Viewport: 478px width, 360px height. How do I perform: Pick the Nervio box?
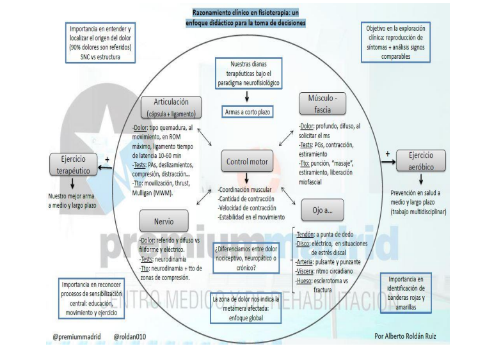pyautogui.click(x=163, y=222)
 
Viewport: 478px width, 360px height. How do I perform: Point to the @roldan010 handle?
pyautogui.click(x=131, y=334)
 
